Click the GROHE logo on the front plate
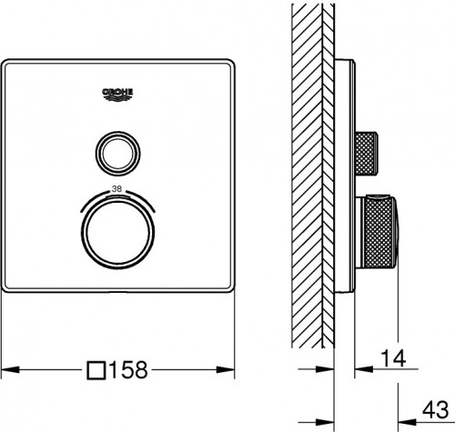coord(116,91)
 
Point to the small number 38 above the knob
coord(116,189)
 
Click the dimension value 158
coord(128,370)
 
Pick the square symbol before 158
coord(96,370)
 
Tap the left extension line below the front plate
coord(3,337)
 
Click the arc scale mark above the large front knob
coord(116,196)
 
